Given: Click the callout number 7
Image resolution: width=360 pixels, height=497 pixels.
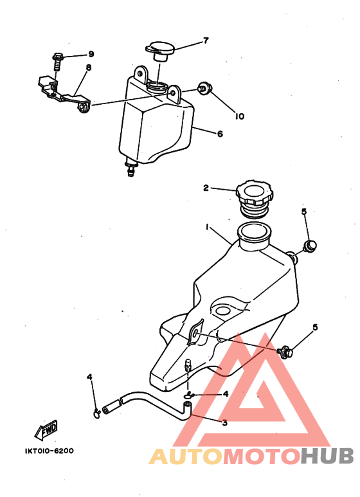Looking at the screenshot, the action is tap(206, 41).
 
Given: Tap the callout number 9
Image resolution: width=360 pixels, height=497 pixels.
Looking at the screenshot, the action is tap(91, 54).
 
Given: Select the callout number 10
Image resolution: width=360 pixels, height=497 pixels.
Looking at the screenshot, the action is tap(240, 116).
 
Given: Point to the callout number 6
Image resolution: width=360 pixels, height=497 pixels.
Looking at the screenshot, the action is tap(220, 134).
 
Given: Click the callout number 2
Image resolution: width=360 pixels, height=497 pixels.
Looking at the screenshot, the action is tap(206, 188).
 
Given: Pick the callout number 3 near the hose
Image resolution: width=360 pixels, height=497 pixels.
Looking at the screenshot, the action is tap(225, 423).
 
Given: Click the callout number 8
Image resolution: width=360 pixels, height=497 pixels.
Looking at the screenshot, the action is tap(89, 68).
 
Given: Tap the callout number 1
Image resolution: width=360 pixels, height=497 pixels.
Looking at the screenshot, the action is tap(207, 227).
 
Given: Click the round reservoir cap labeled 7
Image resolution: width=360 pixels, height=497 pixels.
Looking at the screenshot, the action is tap(160, 50).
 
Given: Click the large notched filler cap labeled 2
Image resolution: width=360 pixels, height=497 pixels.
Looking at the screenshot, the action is tap(254, 199).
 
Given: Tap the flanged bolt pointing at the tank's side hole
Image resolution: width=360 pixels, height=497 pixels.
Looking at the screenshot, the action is tap(285, 352).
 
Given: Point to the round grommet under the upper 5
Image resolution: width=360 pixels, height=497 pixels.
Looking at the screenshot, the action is tap(310, 246).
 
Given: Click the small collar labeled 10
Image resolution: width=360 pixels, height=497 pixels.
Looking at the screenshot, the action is tap(204, 88).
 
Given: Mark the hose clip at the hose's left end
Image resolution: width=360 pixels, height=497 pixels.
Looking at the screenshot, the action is tap(97, 413).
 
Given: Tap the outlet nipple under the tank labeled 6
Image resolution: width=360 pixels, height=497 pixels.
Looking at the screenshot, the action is tap(131, 168).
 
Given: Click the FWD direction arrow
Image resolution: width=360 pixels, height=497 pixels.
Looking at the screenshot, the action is tap(46, 430).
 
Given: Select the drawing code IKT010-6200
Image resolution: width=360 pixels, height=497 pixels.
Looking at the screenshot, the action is tap(49, 451).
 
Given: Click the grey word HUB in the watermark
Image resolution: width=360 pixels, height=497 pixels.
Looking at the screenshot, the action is tap(327, 456).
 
